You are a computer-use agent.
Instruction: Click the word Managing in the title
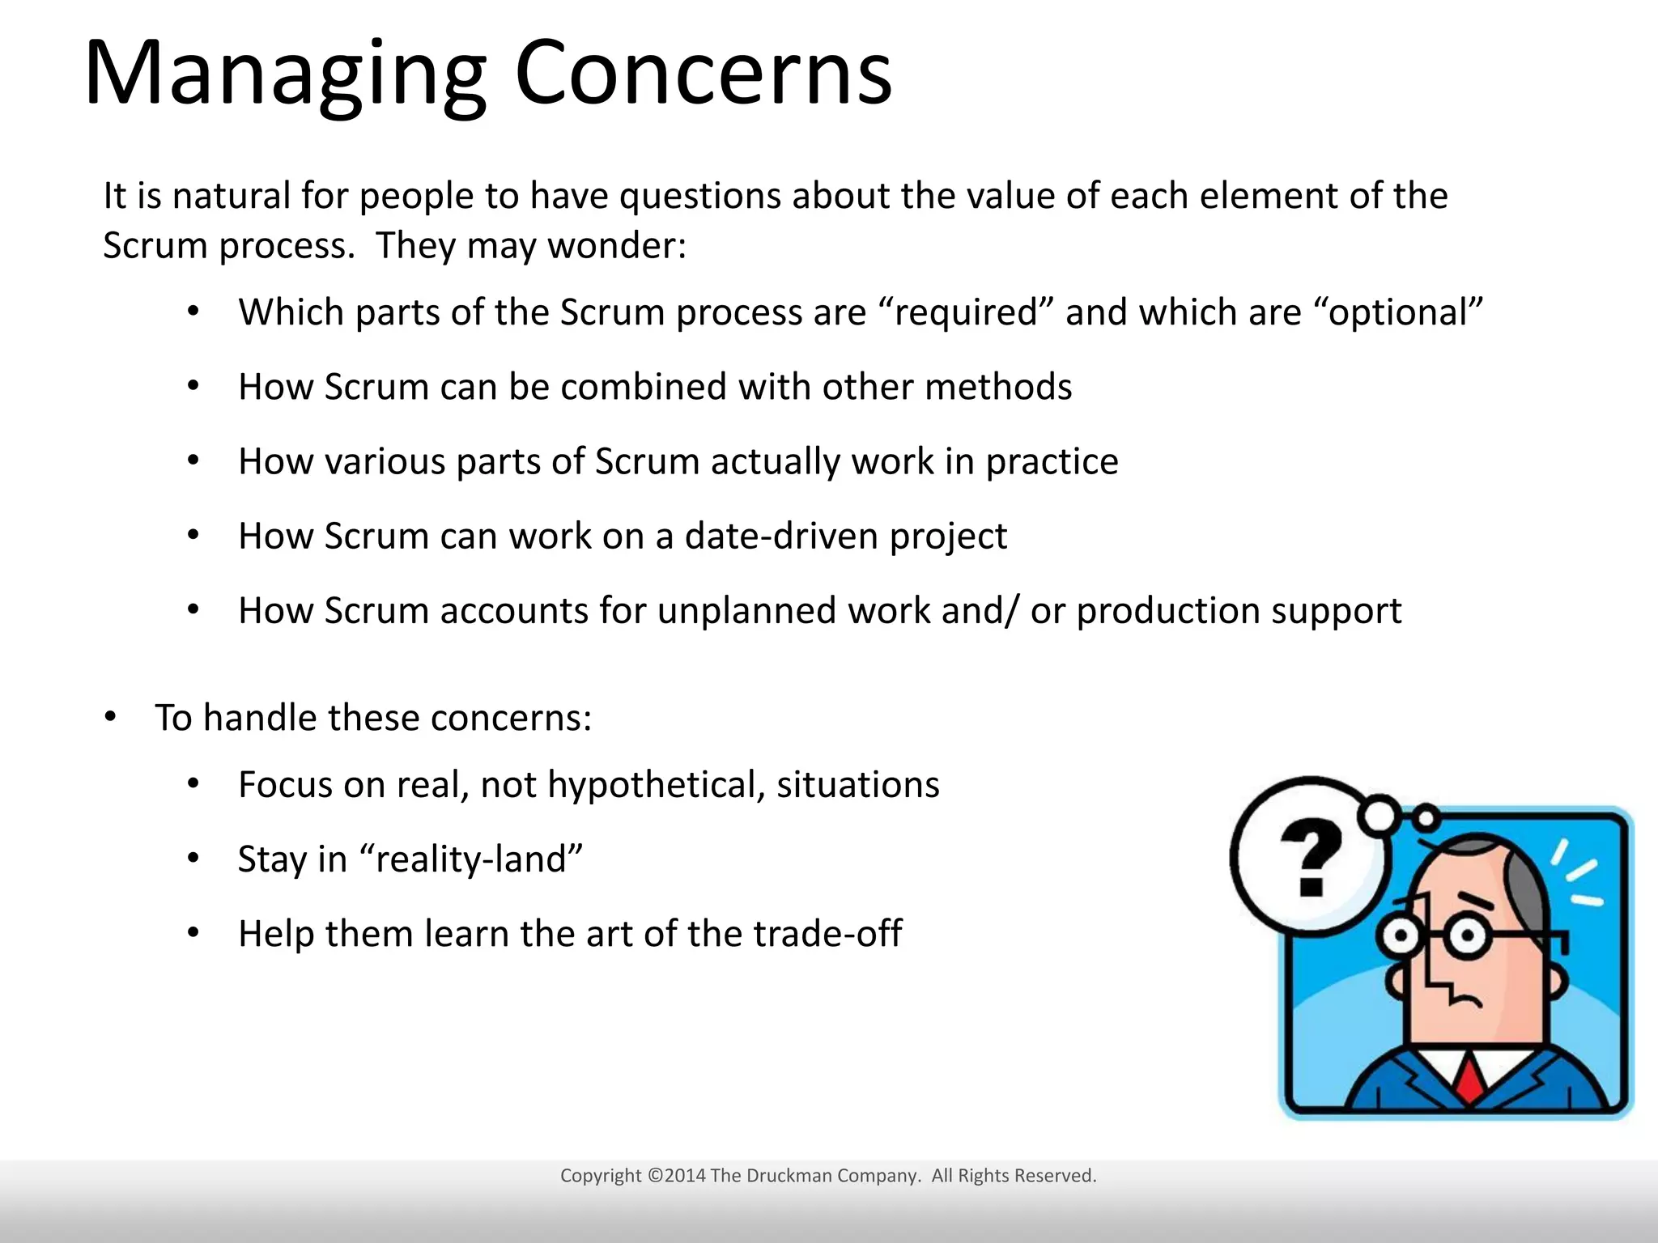[x=285, y=74]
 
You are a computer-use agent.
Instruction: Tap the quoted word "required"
[x=966, y=312]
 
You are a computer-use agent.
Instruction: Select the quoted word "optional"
[x=1398, y=312]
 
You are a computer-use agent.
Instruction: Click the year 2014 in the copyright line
[x=685, y=1176]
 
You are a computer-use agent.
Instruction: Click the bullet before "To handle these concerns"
[x=111, y=717]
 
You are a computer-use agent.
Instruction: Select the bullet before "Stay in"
[x=193, y=859]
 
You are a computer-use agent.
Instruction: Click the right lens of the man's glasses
[x=1467, y=937]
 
